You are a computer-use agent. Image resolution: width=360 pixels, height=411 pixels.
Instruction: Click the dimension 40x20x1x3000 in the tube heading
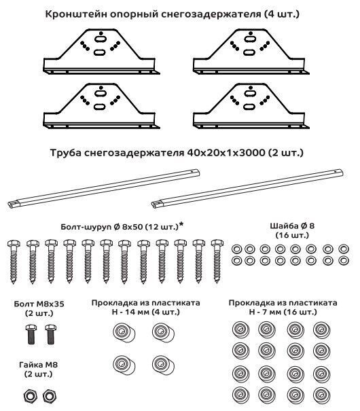click(x=226, y=153)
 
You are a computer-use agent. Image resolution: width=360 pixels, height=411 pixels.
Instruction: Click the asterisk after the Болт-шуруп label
click(x=181, y=224)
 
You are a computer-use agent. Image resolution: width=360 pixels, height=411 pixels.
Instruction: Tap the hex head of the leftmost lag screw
click(x=14, y=244)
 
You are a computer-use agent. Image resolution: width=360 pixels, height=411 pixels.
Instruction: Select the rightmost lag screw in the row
click(x=217, y=261)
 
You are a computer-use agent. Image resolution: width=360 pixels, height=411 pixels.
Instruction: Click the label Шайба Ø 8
click(x=292, y=226)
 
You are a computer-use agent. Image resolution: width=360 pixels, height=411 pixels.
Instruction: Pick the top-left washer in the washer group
click(x=236, y=249)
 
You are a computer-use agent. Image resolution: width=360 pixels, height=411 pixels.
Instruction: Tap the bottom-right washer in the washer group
click(x=344, y=261)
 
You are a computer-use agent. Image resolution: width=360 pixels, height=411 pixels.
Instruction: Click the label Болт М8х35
click(x=39, y=304)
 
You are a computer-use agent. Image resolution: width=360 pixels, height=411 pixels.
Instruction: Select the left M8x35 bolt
click(x=31, y=334)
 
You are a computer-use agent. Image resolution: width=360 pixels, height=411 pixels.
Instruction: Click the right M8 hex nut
click(x=49, y=396)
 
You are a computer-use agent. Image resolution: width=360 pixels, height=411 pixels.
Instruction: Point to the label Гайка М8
click(x=38, y=365)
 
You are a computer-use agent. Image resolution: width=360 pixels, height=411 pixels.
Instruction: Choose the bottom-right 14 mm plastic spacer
click(x=163, y=365)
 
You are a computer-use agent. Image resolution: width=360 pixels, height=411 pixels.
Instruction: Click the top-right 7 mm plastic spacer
click(x=322, y=329)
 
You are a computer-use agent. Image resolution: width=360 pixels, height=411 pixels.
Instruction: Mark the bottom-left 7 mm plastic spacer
click(x=240, y=395)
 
